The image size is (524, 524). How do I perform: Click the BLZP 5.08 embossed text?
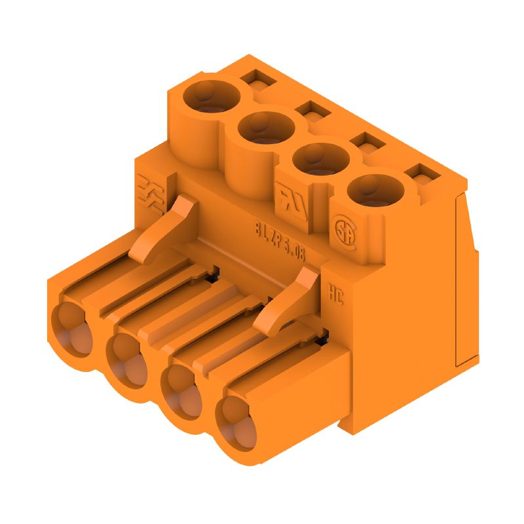[x=280, y=240]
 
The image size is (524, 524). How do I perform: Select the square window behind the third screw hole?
[x=364, y=142]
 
